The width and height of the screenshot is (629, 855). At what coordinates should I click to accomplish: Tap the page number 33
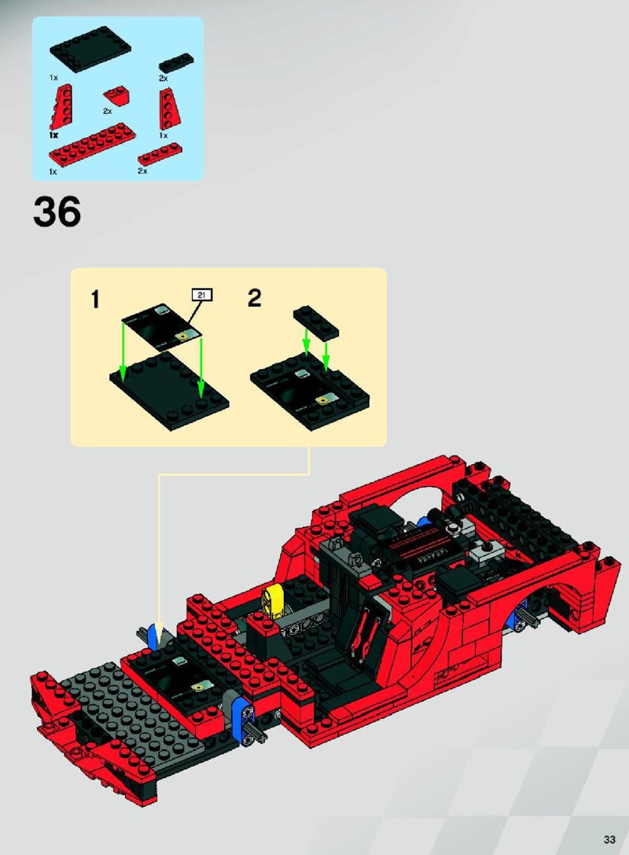609,838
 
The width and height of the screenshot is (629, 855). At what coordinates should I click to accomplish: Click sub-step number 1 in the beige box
95,300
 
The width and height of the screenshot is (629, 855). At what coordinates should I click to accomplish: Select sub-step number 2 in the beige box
255,298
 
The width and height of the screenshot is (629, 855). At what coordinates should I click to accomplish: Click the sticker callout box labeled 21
201,295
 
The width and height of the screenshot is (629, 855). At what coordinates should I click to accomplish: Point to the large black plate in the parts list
90,50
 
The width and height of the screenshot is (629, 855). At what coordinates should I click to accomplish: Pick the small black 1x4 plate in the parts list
176,63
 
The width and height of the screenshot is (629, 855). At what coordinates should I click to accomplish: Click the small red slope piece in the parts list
116,96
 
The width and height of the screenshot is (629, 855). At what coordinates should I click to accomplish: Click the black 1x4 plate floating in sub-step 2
316,321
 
